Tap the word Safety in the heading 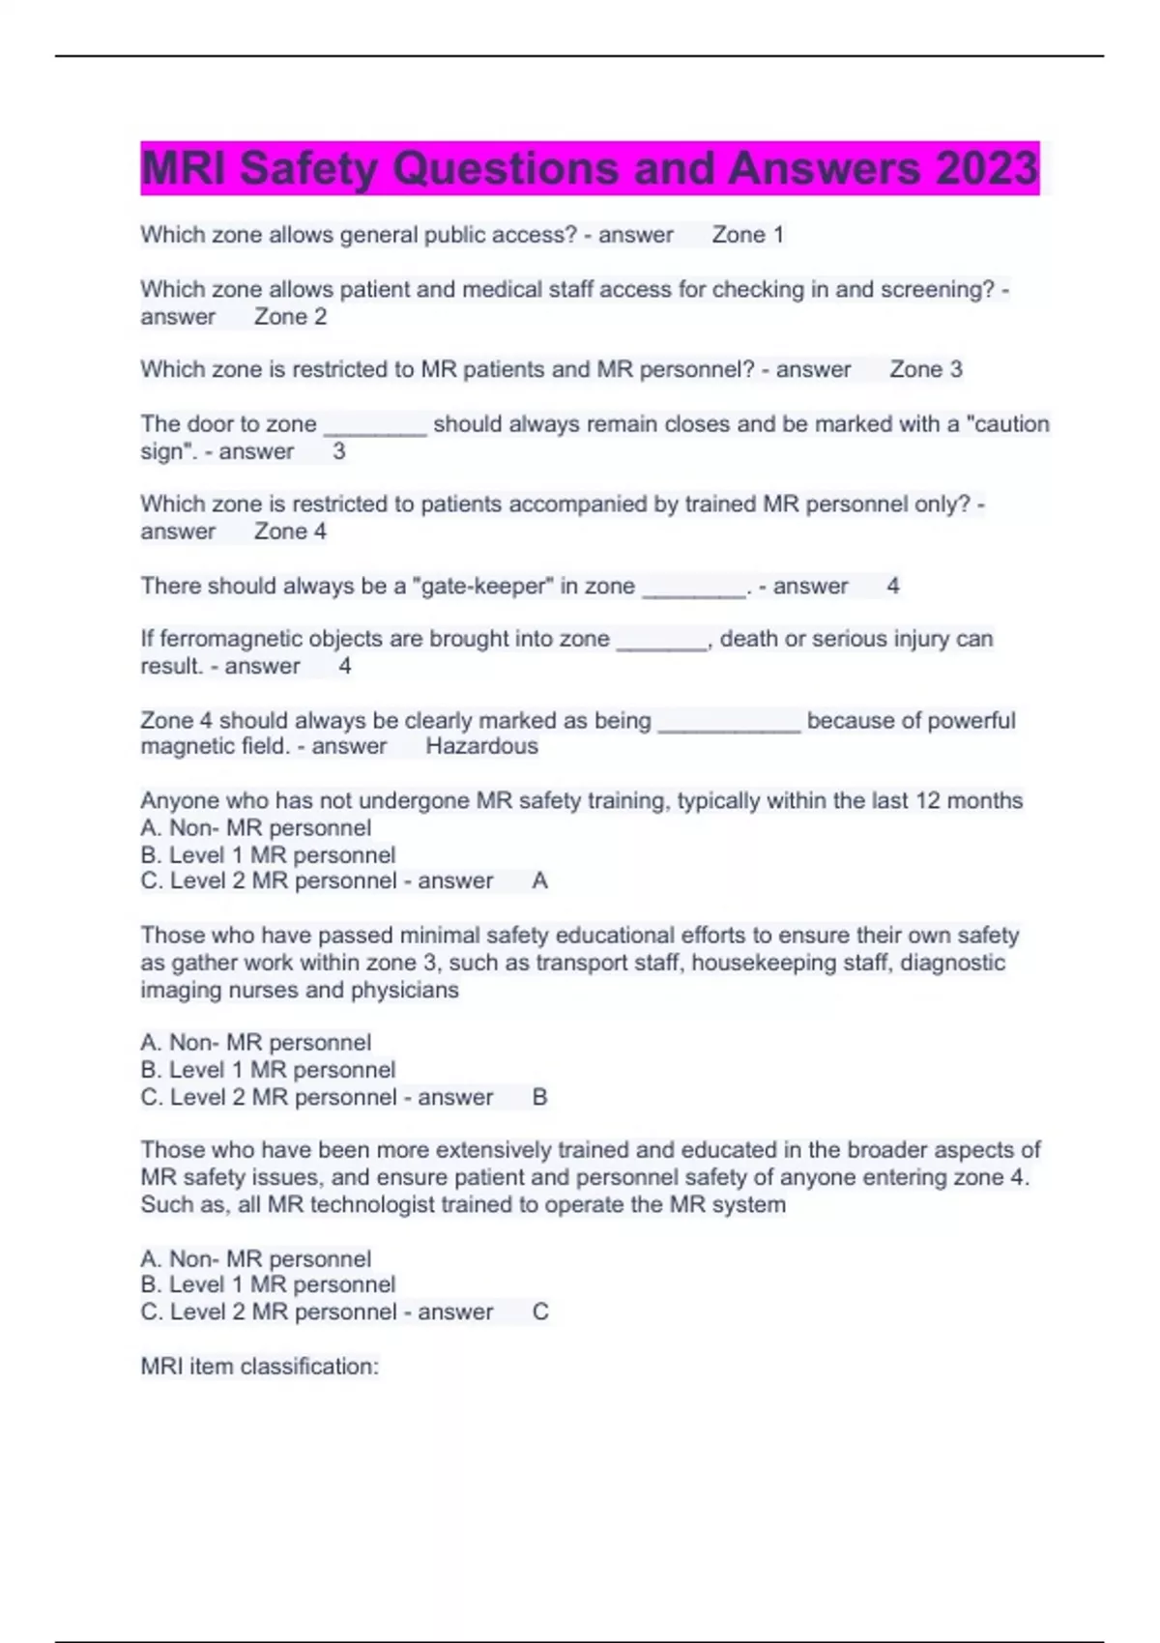pyautogui.click(x=308, y=168)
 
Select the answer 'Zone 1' pyautogui.click(x=747, y=235)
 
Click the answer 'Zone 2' pyautogui.click(x=290, y=317)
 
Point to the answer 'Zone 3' pyautogui.click(x=925, y=369)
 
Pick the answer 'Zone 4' pyautogui.click(x=290, y=532)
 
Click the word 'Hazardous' pyautogui.click(x=481, y=746)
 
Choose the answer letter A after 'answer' pyautogui.click(x=539, y=881)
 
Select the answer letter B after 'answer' pyautogui.click(x=539, y=1097)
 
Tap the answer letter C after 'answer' pyautogui.click(x=540, y=1312)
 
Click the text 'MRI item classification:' pyautogui.click(x=259, y=1367)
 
